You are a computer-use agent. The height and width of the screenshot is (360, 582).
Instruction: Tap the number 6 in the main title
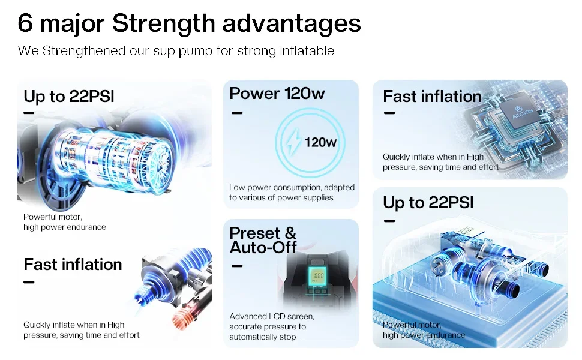click(25, 23)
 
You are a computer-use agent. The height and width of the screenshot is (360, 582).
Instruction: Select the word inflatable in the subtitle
click(307, 50)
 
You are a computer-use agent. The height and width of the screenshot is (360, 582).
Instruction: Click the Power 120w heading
click(277, 93)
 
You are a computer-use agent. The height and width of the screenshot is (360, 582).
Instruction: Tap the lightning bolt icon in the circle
click(293, 142)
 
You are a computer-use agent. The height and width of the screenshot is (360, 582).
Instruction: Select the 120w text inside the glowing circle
click(320, 142)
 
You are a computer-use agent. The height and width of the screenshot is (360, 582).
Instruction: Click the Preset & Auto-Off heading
click(263, 240)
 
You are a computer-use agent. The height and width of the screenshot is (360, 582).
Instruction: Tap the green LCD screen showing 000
click(318, 275)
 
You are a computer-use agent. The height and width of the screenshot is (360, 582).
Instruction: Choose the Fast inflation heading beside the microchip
click(432, 97)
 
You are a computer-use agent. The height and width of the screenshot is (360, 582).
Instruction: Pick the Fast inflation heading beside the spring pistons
click(73, 265)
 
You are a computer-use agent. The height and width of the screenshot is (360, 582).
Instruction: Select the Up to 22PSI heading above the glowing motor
click(68, 97)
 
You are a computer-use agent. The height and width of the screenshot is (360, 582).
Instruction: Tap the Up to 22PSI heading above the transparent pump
click(428, 203)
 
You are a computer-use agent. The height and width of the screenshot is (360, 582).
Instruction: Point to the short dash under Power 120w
click(237, 113)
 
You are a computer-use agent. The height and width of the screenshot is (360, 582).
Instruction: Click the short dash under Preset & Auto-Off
click(237, 266)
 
